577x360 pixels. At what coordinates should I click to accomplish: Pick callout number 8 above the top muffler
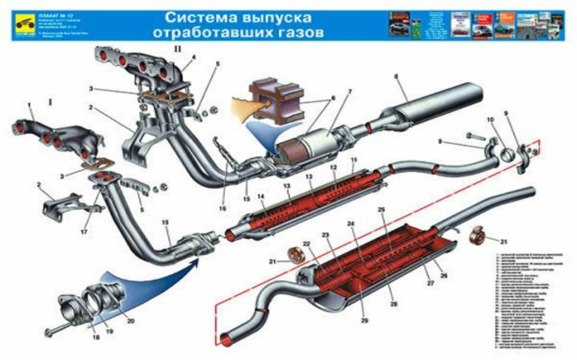pyautogui.click(x=396, y=76)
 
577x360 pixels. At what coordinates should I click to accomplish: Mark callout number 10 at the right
pyautogui.click(x=490, y=119)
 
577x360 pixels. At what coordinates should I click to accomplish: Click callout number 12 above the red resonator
pyautogui.click(x=334, y=168)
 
